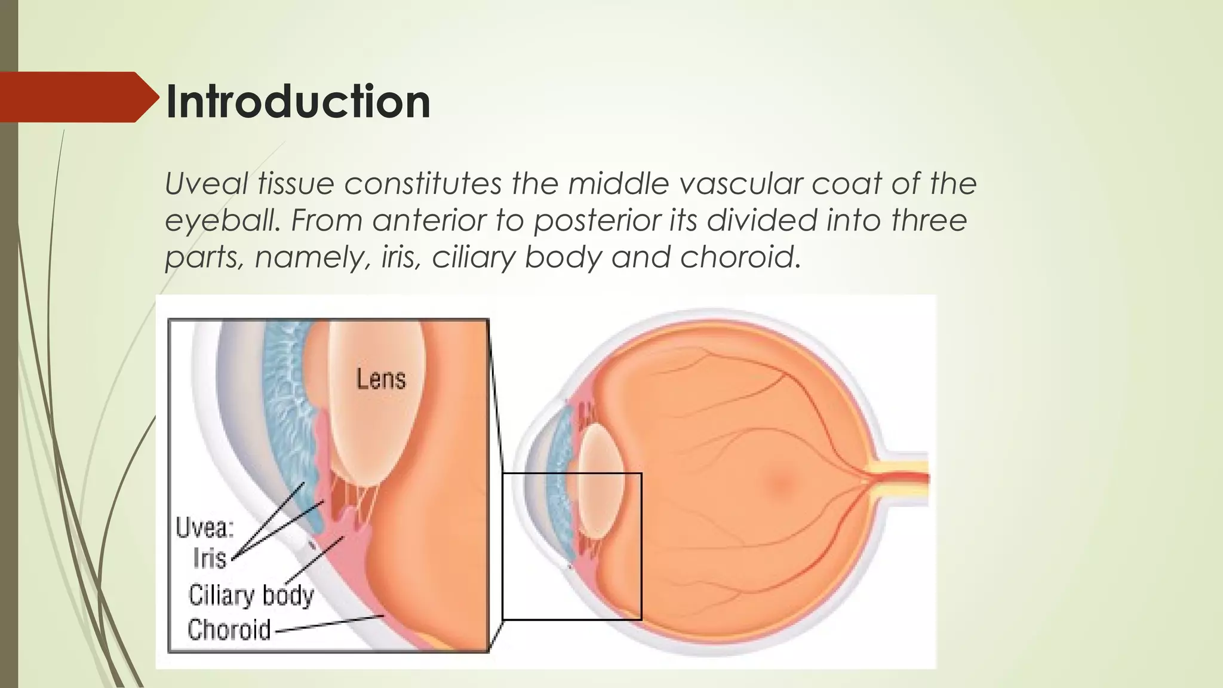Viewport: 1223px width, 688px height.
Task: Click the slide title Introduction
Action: (297, 102)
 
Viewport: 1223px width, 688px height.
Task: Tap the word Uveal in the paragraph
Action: (205, 183)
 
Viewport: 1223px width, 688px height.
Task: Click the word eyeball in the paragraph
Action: (222, 221)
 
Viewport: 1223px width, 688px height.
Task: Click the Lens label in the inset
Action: (381, 379)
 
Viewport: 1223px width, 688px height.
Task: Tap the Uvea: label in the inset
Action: (205, 528)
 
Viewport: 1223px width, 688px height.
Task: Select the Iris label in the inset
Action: (210, 559)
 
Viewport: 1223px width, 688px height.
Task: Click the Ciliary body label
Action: (251, 595)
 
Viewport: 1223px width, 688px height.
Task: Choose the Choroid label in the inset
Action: (229, 629)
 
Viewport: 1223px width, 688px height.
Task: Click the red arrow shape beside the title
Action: (78, 97)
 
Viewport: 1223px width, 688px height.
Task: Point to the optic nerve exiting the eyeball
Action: (902, 478)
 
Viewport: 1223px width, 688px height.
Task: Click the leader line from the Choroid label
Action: (328, 623)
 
